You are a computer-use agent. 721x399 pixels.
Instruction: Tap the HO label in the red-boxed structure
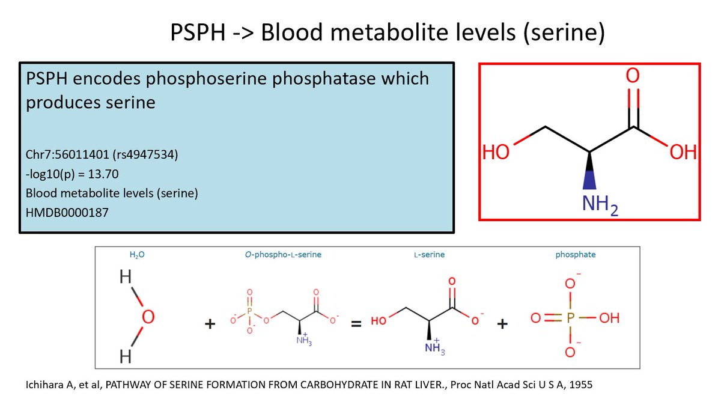496,151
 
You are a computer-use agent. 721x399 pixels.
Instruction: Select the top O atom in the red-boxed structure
633,77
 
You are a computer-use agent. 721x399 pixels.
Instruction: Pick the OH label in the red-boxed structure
683,151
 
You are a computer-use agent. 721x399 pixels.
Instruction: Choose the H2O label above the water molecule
138,255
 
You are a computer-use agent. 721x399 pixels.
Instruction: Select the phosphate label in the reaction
575,255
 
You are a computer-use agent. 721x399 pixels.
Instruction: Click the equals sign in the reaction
356,324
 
